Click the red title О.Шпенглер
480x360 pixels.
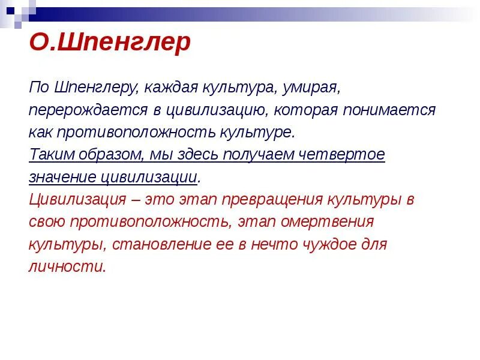110,43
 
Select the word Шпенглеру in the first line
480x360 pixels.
96,88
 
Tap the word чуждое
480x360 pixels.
325,244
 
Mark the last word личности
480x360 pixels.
67,266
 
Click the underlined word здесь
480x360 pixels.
197,155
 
